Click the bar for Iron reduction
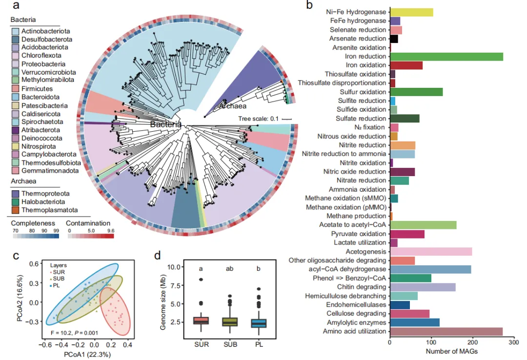(446, 57)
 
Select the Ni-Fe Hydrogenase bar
(411, 12)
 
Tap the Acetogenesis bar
(431, 251)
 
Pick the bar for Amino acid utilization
(446, 331)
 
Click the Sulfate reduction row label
(361, 119)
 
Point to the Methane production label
(356, 216)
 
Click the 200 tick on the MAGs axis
(472, 342)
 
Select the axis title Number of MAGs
(451, 351)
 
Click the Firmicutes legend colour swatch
(15, 89)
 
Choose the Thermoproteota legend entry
(41, 194)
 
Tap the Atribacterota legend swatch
(15, 130)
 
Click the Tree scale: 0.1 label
(259, 119)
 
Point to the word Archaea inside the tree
(233, 106)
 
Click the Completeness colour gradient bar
(36, 236)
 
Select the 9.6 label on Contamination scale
(111, 231)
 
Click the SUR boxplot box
(201, 320)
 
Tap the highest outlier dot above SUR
(201, 280)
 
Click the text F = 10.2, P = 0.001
(75, 333)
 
